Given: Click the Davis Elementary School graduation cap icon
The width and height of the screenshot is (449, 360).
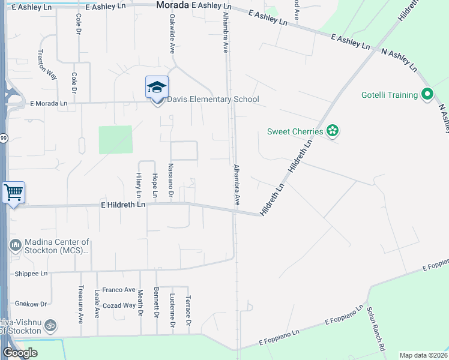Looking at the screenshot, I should coord(157,88).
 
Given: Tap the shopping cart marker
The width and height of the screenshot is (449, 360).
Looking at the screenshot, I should coord(14,193).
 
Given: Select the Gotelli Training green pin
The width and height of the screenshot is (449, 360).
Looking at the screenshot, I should coord(427,95).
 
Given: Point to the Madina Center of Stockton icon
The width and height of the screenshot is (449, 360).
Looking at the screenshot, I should coord(15,245).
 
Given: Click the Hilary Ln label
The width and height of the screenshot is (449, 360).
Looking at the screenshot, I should coord(139,185).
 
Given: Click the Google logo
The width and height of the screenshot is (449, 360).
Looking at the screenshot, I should coord(20,353).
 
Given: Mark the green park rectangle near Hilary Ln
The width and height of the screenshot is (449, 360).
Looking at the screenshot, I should coord(115,140).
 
